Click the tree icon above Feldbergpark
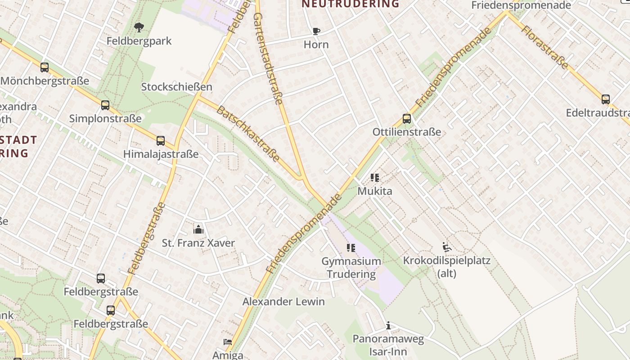(139, 27)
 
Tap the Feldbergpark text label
(139, 41)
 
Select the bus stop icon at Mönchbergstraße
(45, 67)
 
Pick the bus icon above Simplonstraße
(105, 105)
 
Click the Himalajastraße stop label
(161, 154)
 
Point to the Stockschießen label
(176, 87)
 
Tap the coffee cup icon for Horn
(316, 31)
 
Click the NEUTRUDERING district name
(350, 4)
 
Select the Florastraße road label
(544, 47)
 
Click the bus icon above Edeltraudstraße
(606, 99)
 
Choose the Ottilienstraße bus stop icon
(407, 119)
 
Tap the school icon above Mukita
(375, 178)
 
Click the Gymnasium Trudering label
(351, 267)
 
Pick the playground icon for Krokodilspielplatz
(447, 247)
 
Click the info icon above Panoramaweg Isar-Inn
(388, 325)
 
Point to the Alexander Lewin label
(283, 301)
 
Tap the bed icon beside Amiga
(228, 342)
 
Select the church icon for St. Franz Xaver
(198, 229)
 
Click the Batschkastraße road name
(248, 134)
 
